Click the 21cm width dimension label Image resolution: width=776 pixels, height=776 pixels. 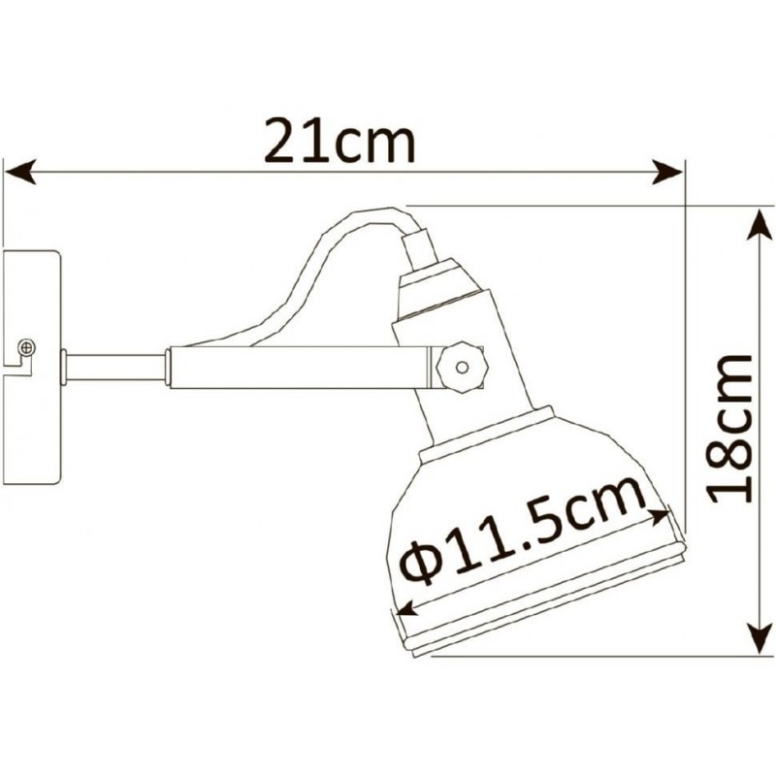click(x=339, y=141)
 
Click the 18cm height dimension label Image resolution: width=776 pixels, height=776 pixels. click(x=730, y=429)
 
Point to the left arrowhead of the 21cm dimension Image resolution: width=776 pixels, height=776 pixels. click(x=19, y=172)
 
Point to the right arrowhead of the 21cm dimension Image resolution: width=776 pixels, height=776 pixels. click(x=667, y=172)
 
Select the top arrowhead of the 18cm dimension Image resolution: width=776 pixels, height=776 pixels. click(x=760, y=224)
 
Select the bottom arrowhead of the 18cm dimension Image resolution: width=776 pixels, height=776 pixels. click(x=760, y=639)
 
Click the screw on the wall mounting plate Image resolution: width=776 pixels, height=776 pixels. click(x=27, y=347)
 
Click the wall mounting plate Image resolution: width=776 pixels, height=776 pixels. click(x=32, y=368)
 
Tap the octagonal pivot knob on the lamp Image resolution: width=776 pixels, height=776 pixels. click(x=463, y=368)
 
